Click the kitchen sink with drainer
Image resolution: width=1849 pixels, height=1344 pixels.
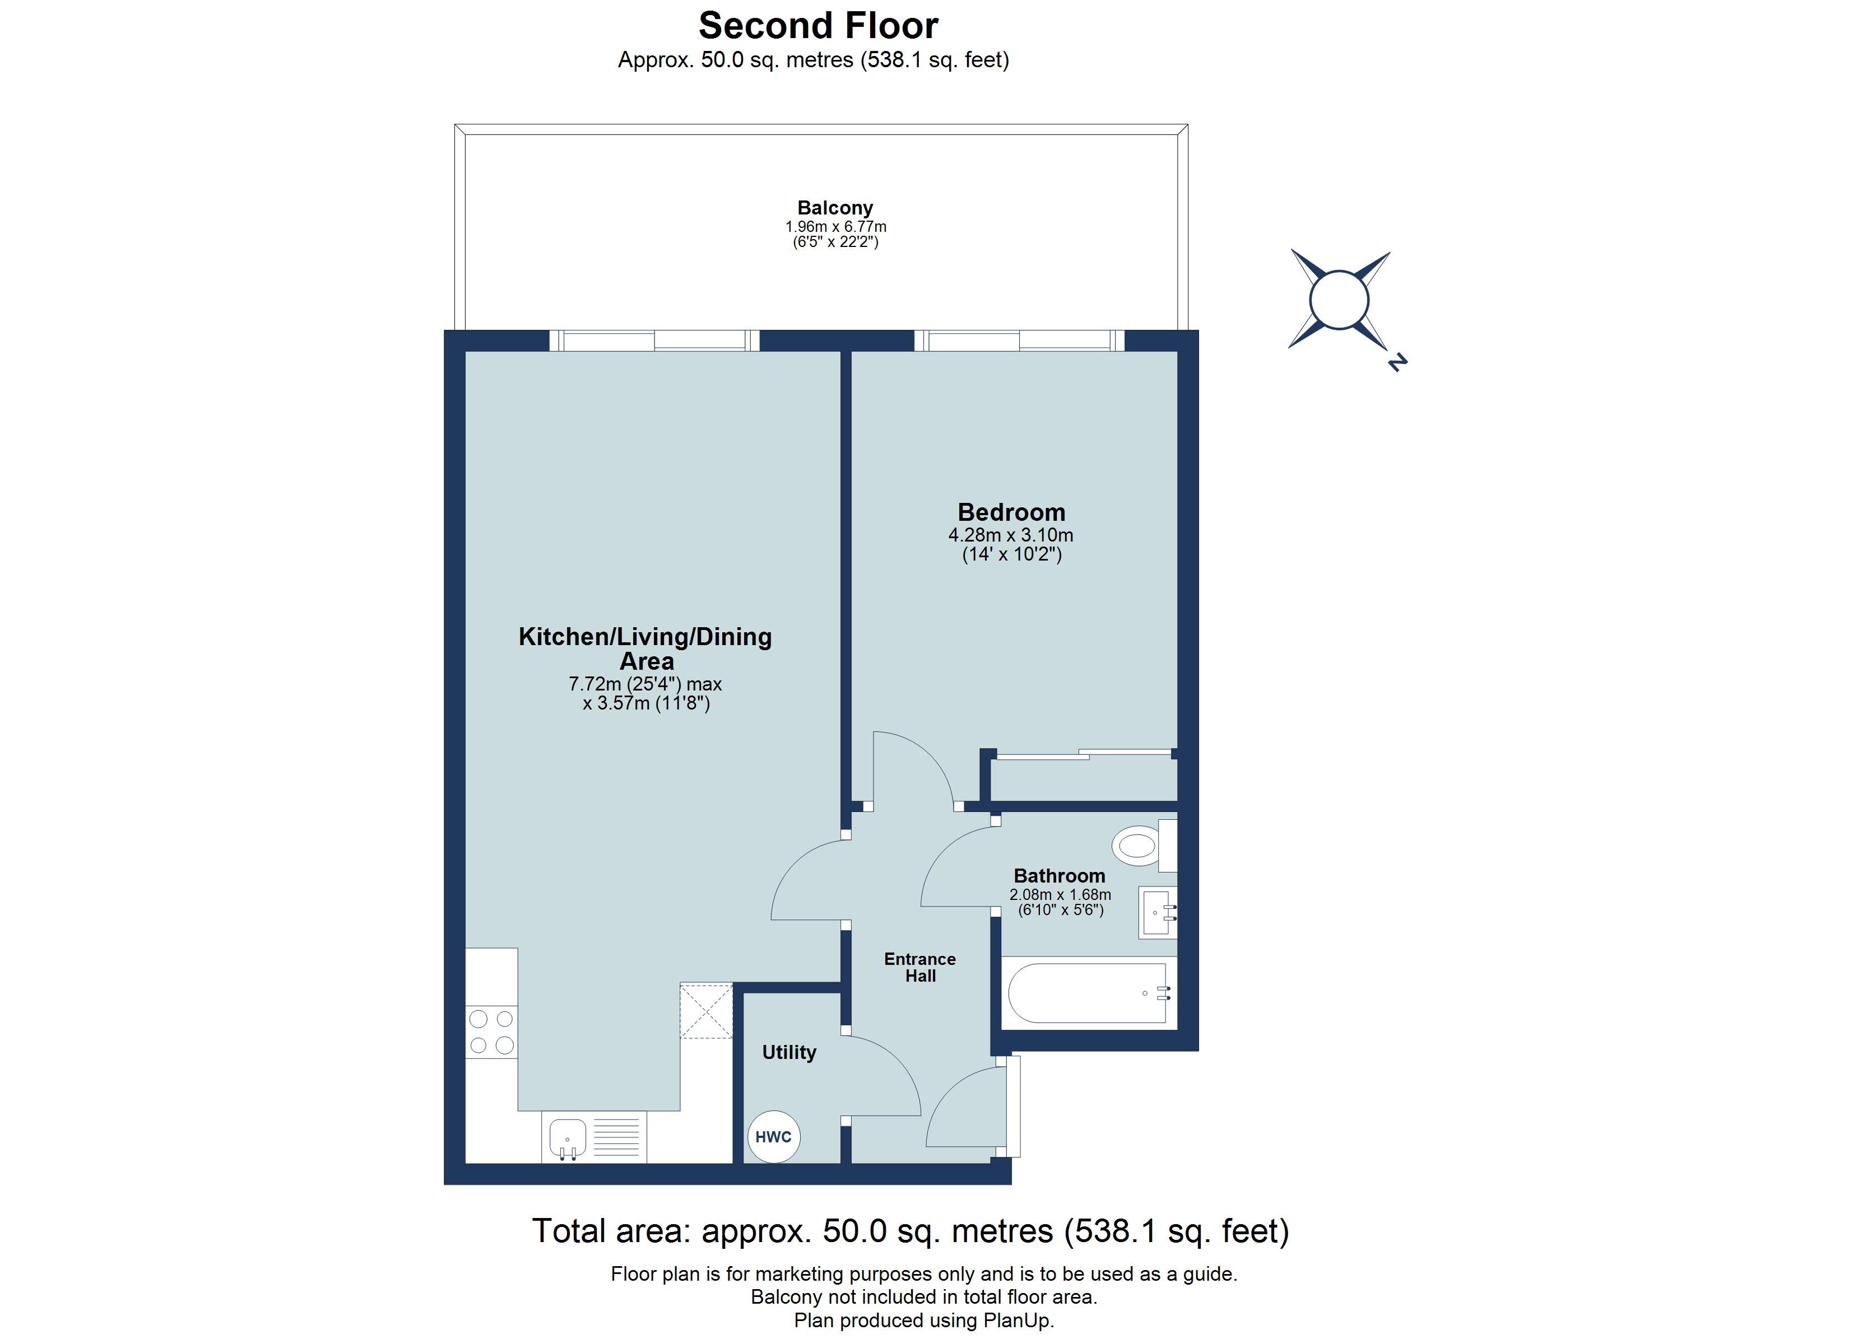click(593, 1136)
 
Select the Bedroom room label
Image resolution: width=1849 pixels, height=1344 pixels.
click(1011, 512)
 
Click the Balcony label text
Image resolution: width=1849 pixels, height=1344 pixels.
click(835, 208)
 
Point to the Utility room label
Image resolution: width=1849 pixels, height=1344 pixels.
click(788, 1052)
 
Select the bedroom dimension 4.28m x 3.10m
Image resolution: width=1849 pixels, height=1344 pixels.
click(1010, 535)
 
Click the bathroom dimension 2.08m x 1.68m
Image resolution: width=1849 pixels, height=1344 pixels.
click(1060, 894)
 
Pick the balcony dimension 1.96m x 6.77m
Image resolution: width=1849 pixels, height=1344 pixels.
click(835, 227)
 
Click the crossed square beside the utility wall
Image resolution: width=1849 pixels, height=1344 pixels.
click(706, 1011)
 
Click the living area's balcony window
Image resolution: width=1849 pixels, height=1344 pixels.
click(654, 340)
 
